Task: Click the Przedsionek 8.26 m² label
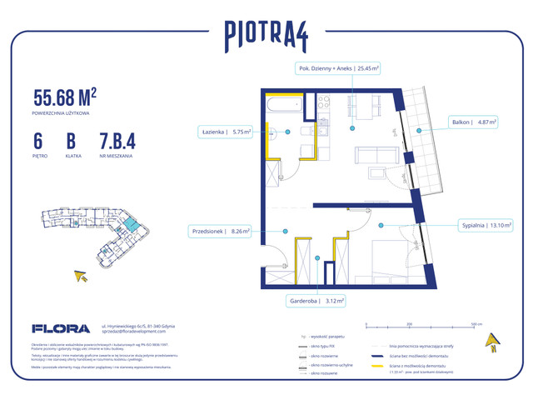pyautogui.click(x=219, y=232)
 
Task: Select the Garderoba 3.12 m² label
pyautogui.click(x=319, y=302)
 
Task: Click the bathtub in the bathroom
pyautogui.click(x=284, y=105)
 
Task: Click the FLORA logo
pyautogui.click(x=55, y=328)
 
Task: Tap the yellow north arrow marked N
pyautogui.click(x=493, y=340)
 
